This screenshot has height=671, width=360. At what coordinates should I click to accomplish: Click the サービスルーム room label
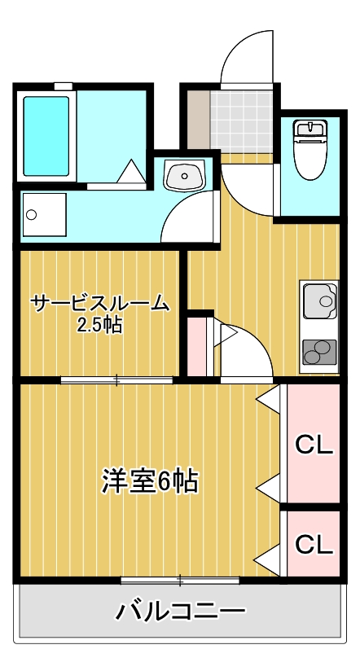pyautogui.click(x=100, y=305)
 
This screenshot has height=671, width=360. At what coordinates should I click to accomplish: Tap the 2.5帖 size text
pyautogui.click(x=100, y=326)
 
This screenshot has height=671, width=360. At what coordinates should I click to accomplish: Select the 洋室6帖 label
pyautogui.click(x=149, y=481)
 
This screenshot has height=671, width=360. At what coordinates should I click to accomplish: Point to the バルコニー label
pyautogui.click(x=180, y=610)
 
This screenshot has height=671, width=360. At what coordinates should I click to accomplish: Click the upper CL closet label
pyautogui.click(x=314, y=445)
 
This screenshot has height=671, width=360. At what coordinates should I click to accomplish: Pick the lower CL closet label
pyautogui.click(x=314, y=543)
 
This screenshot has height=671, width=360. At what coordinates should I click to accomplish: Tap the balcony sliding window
pyautogui.click(x=180, y=580)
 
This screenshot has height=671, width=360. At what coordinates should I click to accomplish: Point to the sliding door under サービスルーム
pyautogui.click(x=116, y=379)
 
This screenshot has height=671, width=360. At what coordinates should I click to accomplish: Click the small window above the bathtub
pyautogui.click(x=63, y=86)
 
